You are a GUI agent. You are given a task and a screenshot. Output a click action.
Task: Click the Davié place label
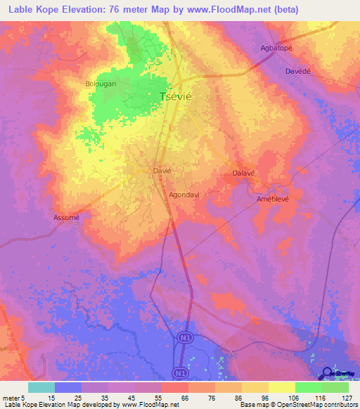[x=162, y=170]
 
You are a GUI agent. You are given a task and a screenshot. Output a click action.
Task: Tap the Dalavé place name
[x=243, y=173]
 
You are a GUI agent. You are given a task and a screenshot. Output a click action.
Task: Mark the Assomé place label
[x=67, y=217]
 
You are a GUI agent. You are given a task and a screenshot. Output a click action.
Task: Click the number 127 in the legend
[x=347, y=397]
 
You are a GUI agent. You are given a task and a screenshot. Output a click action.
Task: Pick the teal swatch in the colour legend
[x=41, y=387]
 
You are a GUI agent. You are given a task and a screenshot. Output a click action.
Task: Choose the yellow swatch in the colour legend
[x=281, y=387]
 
